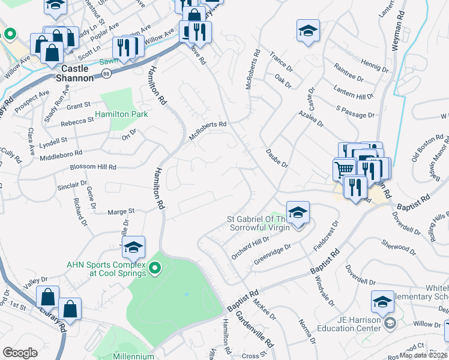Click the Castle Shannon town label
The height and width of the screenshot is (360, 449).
[74, 73]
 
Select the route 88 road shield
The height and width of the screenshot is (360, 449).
[106, 73]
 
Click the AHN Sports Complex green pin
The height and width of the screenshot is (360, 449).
[155, 268]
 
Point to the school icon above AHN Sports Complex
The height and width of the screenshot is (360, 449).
[133, 246]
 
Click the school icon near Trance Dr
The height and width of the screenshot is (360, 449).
[308, 30]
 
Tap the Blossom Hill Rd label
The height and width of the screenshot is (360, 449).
[93, 167]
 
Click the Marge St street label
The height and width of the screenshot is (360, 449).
[121, 211]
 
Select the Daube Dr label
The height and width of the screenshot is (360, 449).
[277, 159]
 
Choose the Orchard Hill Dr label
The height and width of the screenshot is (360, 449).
[249, 248]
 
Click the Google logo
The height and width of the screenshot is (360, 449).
[20, 353]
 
